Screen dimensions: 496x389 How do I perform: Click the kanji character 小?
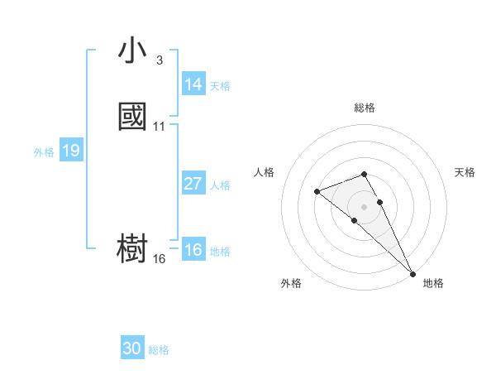132,51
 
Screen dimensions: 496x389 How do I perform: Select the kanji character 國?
132,118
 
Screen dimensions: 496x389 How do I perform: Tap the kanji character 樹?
132,247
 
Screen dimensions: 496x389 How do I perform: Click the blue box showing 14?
193,84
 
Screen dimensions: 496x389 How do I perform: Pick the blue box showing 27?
193,184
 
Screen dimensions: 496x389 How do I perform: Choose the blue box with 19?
70,151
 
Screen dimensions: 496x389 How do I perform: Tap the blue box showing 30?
132,348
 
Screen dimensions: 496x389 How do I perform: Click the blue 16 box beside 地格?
193,251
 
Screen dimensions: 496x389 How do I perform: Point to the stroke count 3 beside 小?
159,60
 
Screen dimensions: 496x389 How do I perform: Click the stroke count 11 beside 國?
159,127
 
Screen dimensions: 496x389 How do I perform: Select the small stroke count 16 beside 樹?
159,259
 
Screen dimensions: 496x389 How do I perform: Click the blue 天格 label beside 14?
220,86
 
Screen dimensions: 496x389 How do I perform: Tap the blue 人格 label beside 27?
220,185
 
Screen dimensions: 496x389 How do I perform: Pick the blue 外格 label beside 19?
44,152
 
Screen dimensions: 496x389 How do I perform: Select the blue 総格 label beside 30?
159,350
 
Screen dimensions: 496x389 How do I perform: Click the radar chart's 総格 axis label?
365,108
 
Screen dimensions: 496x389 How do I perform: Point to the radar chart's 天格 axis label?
465,172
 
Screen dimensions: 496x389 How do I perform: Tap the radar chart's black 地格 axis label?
433,283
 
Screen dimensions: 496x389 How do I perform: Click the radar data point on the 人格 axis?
317,192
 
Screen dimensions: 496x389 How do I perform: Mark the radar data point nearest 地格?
413,273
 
